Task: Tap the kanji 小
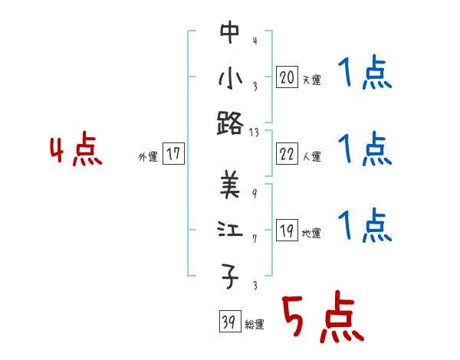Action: coord(230,77)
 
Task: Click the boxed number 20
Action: coord(287,77)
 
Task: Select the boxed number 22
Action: coord(287,154)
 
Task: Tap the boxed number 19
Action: coord(287,231)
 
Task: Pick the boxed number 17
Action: coord(173,154)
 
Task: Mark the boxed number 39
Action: coord(228,322)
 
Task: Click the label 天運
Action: coord(311,80)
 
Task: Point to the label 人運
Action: coord(311,157)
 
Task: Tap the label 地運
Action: coord(311,234)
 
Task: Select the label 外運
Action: coord(147,157)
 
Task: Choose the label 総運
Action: coord(254,325)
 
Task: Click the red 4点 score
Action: coord(76,151)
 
